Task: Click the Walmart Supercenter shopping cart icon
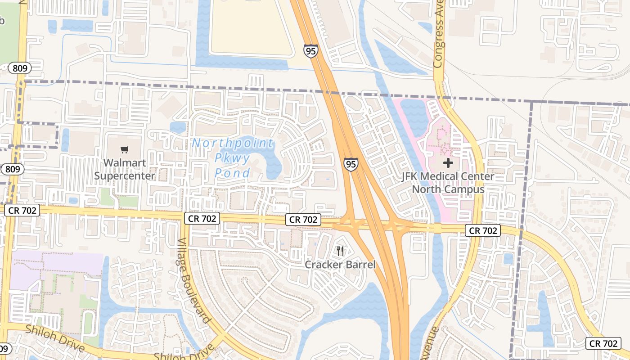(125, 149)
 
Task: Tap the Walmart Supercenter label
(125, 169)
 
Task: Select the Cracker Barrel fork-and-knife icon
(340, 251)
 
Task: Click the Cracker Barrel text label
(340, 264)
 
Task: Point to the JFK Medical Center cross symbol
(448, 163)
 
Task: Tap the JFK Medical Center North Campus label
(448, 183)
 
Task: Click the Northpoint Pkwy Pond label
(233, 158)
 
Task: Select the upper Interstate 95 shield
(310, 50)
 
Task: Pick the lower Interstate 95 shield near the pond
(351, 164)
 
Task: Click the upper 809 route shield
(20, 68)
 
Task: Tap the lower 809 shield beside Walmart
(12, 169)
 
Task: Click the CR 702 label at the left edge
(22, 210)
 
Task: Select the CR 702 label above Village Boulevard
(202, 219)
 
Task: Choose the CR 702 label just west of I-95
(303, 220)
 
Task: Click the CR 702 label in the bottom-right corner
(603, 343)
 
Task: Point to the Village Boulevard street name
(194, 281)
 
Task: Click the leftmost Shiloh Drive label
(55, 338)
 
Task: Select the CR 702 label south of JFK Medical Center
(484, 230)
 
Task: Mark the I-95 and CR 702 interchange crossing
(376, 223)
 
